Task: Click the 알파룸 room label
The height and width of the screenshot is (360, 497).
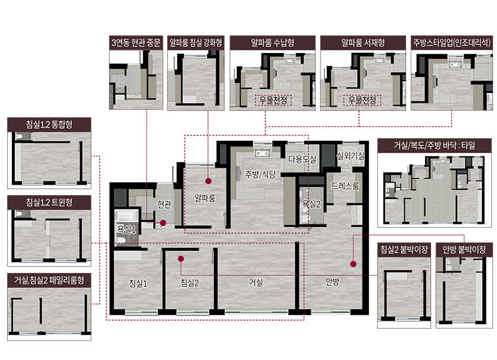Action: (x=205, y=198)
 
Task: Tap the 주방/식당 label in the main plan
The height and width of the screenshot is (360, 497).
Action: (x=260, y=174)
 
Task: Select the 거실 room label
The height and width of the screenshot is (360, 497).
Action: (x=256, y=282)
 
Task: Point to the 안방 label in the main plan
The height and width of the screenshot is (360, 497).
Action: (x=332, y=281)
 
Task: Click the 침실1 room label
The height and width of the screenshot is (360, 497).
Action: (x=138, y=283)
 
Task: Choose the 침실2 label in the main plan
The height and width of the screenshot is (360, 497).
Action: (x=190, y=282)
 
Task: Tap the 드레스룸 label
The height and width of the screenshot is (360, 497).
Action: (x=345, y=186)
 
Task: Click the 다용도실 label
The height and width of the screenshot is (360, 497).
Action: (x=302, y=159)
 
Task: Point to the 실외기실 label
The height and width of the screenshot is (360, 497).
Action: (x=351, y=156)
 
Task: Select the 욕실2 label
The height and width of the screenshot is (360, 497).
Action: (x=311, y=204)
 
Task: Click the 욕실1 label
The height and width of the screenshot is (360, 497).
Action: (x=126, y=229)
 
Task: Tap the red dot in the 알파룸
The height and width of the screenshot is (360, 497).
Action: (x=208, y=181)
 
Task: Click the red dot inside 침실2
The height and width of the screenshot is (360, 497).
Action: (x=181, y=259)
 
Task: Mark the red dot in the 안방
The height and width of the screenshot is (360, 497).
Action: (x=353, y=264)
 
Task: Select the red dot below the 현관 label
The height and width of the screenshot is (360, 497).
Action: (x=163, y=223)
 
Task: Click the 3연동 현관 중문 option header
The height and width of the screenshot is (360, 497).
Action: (x=136, y=43)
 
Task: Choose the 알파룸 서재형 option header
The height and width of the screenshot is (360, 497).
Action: (x=363, y=43)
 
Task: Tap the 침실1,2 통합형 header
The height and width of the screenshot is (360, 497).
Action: (x=49, y=124)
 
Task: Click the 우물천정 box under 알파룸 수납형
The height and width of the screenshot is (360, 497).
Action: (x=273, y=100)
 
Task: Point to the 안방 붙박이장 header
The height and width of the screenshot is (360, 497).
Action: (x=464, y=249)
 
